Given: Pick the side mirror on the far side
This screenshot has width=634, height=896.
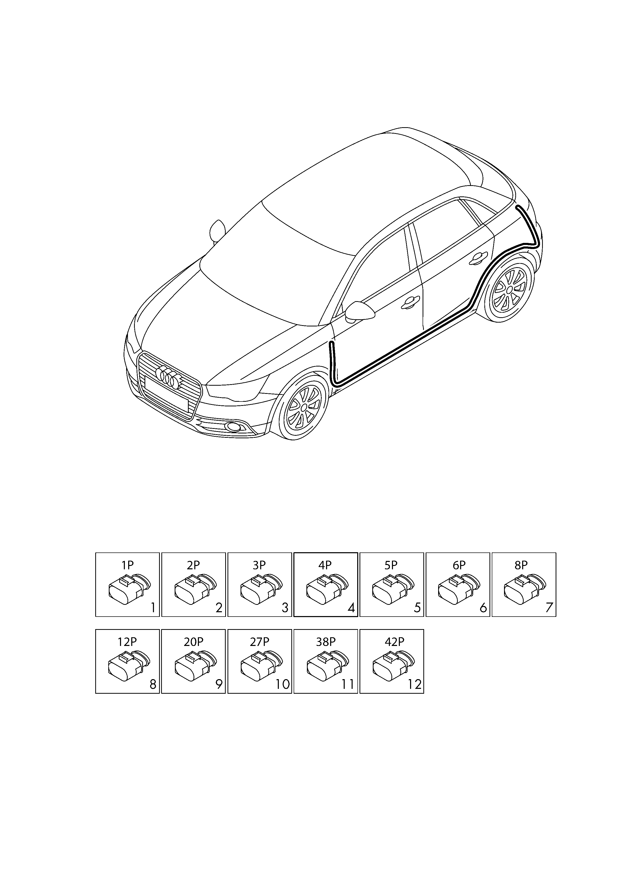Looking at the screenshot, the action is tap(217, 231).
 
